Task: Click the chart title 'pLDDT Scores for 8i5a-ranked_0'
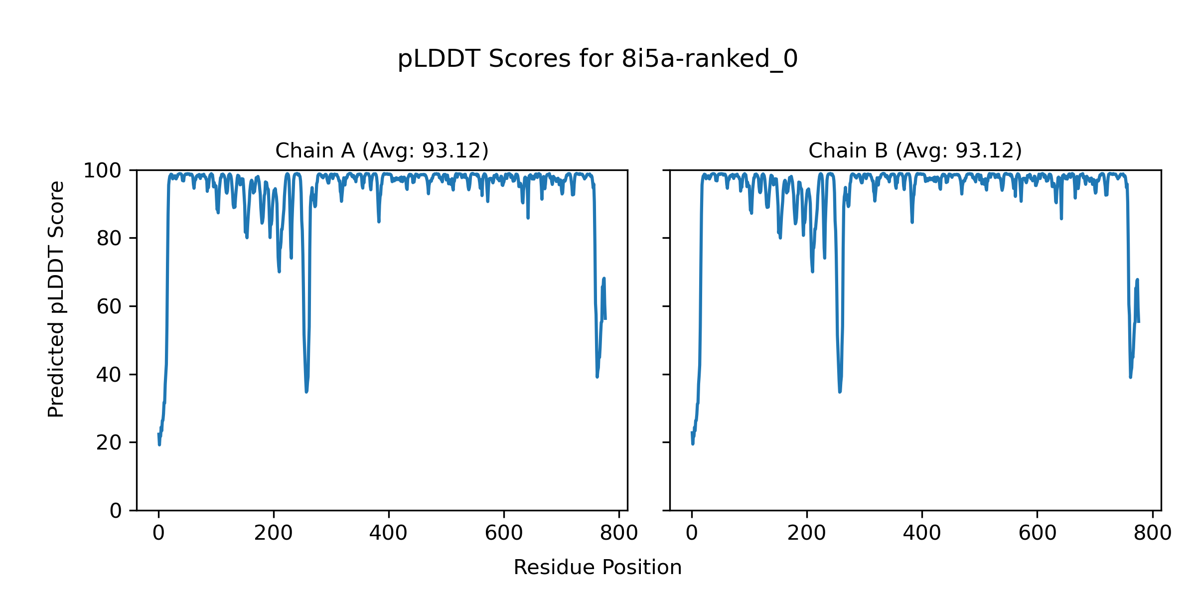[x=598, y=59]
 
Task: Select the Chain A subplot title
[x=382, y=150]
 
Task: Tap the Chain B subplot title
[x=915, y=150]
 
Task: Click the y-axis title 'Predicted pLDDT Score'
[x=56, y=299]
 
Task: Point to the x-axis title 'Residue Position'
[x=598, y=568]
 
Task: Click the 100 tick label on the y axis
[x=102, y=171]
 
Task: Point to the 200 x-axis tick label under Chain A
[x=274, y=534]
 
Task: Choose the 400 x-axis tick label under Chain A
[x=389, y=534]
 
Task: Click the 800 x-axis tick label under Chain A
[x=618, y=534]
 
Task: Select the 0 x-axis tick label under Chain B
[x=692, y=534]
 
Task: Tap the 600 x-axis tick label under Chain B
[x=1037, y=534]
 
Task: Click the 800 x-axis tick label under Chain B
[x=1152, y=534]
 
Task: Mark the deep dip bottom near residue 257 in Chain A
[x=306, y=392]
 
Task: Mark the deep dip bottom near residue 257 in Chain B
[x=840, y=392]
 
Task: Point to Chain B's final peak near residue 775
[x=1137, y=280]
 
